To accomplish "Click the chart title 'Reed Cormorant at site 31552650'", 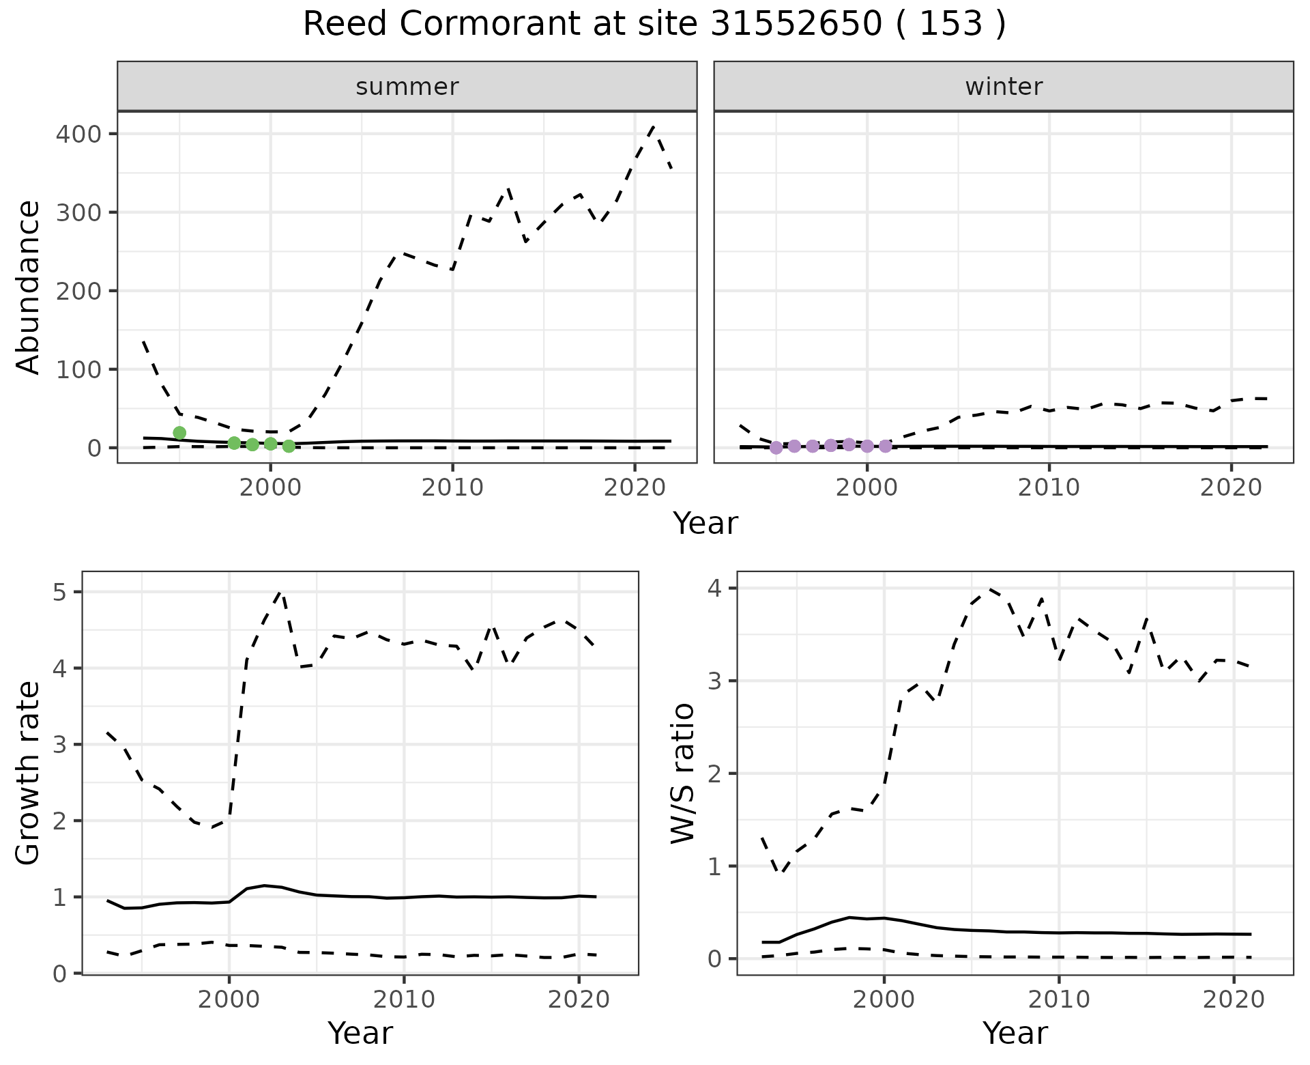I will click(x=654, y=25).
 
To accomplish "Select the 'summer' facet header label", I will click(x=407, y=87).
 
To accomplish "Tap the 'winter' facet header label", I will click(x=1004, y=87).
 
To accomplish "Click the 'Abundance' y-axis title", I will click(x=29, y=287).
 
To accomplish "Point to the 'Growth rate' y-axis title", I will click(x=29, y=773).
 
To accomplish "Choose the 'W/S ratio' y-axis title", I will click(x=683, y=773).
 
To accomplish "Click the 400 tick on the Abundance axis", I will click(x=78, y=134).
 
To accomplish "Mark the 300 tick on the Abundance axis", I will click(x=78, y=212).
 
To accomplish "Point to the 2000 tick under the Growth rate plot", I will click(x=229, y=1000).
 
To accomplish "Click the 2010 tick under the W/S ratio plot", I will click(x=1058, y=1000).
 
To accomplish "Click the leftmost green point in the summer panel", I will click(x=179, y=433).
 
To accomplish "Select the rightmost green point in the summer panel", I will click(x=289, y=446).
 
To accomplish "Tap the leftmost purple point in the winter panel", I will click(x=776, y=447).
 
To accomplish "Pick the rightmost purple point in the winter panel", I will click(x=885, y=446).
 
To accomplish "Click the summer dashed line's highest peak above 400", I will click(x=654, y=127).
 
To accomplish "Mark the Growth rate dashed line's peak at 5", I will click(x=281, y=593).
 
